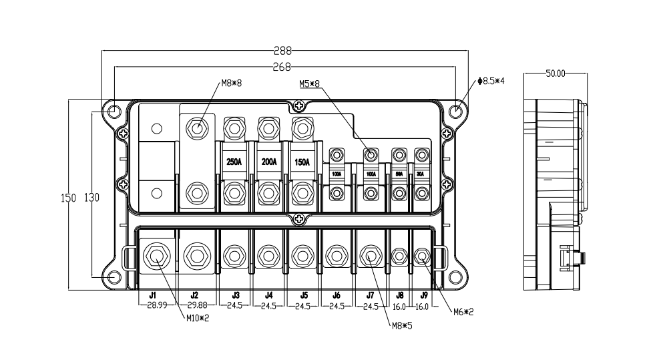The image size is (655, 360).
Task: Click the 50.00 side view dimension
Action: coord(556,73)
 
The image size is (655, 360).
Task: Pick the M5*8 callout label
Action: coord(310,84)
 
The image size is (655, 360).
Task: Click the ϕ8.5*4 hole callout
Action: coord(491,81)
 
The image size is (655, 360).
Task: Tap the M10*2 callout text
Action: coord(198,318)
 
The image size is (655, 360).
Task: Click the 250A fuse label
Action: coord(234,162)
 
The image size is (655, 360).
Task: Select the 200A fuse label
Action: coord(268,162)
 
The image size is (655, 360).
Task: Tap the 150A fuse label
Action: coord(302,162)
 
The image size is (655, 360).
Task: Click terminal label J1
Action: coord(152,295)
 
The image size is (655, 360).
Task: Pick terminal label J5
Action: coord(304,295)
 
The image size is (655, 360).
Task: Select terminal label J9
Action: coord(424,295)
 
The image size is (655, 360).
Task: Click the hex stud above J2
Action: coord(196,255)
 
